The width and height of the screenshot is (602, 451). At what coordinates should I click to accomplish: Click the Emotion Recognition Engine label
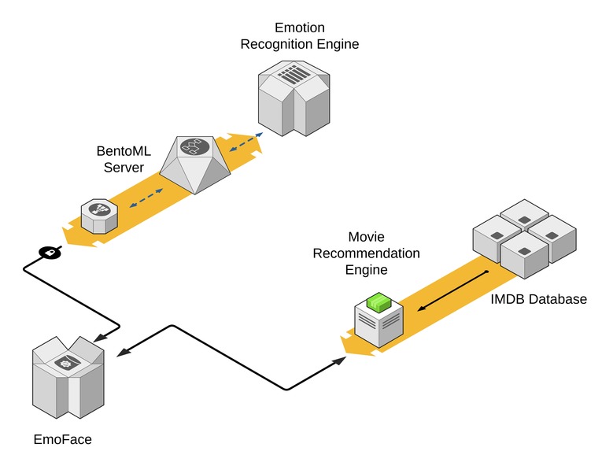click(x=299, y=36)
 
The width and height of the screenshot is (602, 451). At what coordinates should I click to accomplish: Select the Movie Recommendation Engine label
click(x=366, y=253)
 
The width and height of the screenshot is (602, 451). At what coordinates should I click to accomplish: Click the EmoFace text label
click(x=62, y=438)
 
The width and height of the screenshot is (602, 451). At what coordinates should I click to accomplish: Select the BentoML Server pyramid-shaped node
click(x=194, y=162)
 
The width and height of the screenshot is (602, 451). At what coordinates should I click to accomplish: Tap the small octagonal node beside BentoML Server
click(x=101, y=215)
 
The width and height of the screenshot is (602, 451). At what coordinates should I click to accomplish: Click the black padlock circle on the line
click(x=49, y=253)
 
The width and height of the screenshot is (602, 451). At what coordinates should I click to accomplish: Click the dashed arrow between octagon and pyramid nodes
click(x=146, y=198)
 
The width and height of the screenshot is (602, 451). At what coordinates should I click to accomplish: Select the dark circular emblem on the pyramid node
click(x=193, y=146)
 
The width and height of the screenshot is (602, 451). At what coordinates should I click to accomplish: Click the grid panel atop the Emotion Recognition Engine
click(x=295, y=76)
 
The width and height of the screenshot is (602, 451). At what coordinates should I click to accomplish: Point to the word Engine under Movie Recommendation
click(x=366, y=269)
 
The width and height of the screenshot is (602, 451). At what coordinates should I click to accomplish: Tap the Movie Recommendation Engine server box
click(x=379, y=323)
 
